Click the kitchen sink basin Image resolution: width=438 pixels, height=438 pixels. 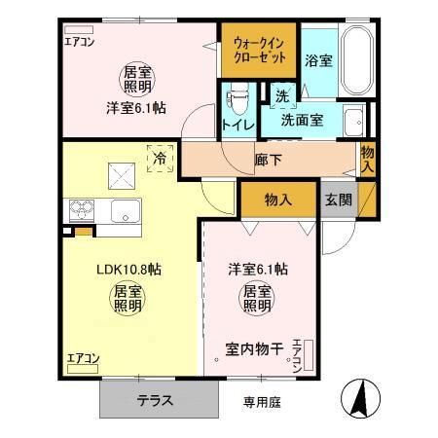tap(125, 210)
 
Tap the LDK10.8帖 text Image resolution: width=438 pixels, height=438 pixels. tap(101, 268)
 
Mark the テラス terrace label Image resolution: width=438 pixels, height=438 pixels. tap(156, 399)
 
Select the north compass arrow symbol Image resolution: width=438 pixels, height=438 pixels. tap(357, 397)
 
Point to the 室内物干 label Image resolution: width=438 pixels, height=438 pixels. tap(253, 347)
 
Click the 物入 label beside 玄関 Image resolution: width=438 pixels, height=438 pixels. tap(279, 200)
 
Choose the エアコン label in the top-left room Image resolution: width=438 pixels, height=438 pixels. tap(80, 41)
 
